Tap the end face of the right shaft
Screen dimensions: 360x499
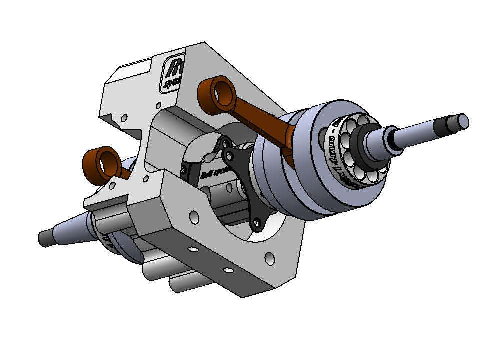pyautogui.click(x=463, y=120)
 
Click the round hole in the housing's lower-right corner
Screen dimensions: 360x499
pyautogui.click(x=269, y=258)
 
